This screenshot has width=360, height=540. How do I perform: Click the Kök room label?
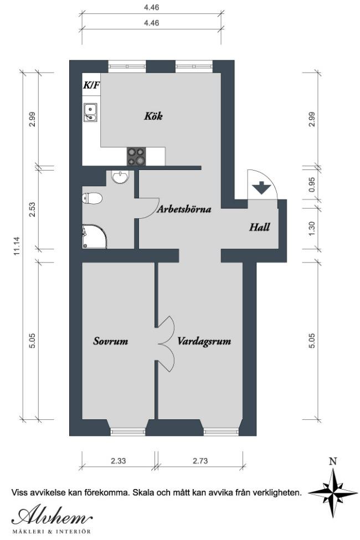[153, 116]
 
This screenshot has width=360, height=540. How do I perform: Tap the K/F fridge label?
[91, 85]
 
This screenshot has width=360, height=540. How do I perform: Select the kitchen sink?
[90, 112]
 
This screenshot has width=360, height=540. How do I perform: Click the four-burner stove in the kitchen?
[136, 156]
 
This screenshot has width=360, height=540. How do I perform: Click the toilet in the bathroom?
[92, 199]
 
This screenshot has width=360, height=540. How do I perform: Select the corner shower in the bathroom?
[94, 236]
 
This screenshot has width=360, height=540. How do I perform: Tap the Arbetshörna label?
[184, 209]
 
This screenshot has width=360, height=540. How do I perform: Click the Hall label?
[259, 227]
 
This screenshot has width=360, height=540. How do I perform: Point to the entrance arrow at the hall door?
[262, 188]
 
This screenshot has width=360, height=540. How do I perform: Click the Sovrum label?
[111, 341]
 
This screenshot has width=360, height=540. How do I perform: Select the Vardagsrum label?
[204, 342]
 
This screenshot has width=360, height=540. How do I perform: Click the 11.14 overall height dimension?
[17, 246]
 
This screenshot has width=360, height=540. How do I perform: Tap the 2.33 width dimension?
[118, 461]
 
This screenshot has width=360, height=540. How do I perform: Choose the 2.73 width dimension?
[200, 461]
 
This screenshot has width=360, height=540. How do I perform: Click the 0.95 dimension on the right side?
[312, 184]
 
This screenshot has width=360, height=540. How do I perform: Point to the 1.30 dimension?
[312, 229]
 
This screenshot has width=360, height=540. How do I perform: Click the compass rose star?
[333, 493]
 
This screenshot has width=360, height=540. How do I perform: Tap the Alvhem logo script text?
[52, 516]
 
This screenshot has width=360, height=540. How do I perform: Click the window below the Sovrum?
[128, 431]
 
